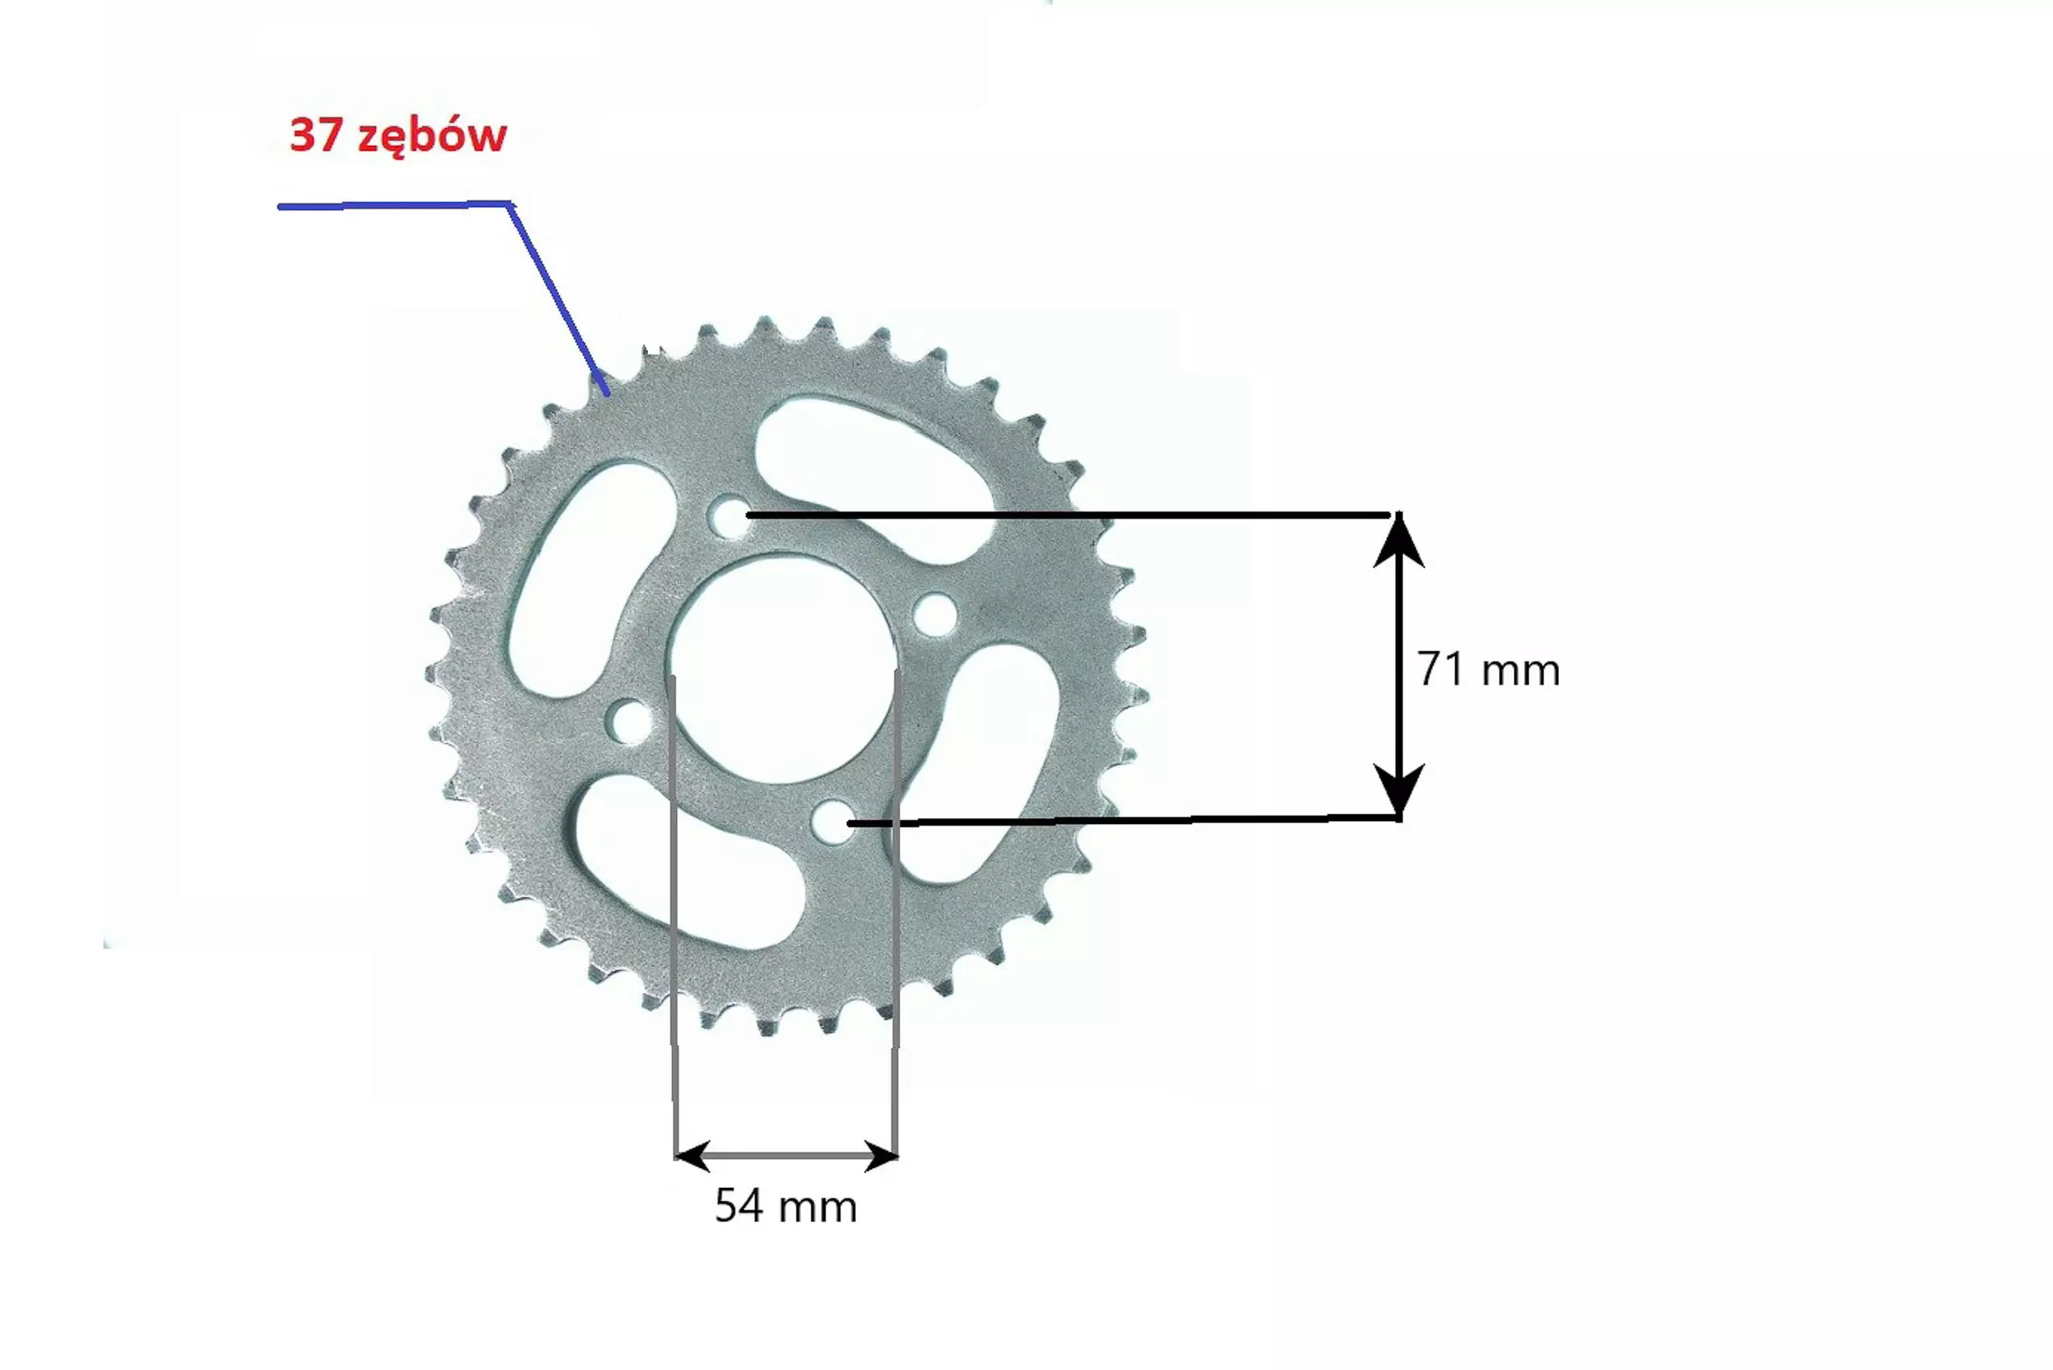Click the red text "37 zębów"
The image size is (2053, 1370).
coord(398,136)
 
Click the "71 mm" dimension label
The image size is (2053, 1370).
coord(1488,669)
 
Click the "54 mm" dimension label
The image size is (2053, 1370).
coord(786,1206)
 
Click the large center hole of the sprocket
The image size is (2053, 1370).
coord(780,669)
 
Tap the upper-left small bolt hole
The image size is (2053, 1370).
coord(730,517)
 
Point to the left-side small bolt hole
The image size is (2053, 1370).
coord(630,721)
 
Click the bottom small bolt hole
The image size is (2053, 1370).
coord(834,822)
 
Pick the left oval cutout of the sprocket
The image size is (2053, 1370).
coord(593,579)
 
